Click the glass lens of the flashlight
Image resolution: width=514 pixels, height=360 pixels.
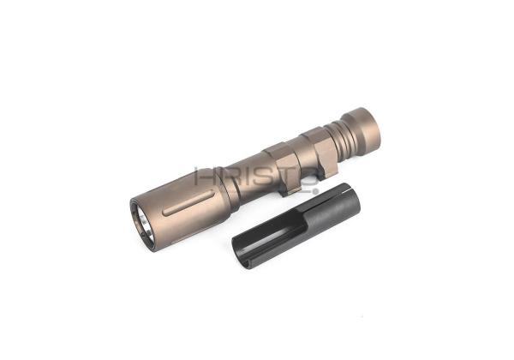144,223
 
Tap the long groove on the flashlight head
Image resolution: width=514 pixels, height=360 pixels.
188,204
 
